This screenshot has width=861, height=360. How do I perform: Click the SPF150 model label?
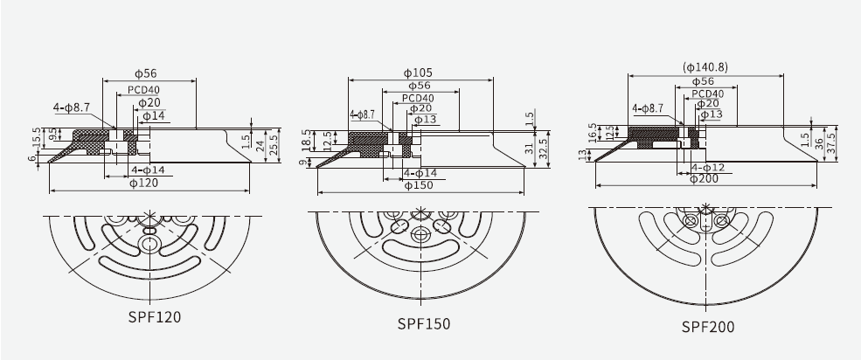click(x=424, y=323)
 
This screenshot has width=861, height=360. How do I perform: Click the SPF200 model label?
click(x=708, y=327)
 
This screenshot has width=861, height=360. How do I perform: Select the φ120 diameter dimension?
click(x=144, y=183)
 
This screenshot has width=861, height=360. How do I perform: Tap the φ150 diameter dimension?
click(x=420, y=185)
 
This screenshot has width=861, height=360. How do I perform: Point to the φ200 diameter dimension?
click(x=704, y=179)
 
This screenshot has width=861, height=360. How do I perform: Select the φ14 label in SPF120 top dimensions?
click(x=153, y=115)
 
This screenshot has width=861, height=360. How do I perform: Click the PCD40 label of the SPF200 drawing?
click(x=707, y=93)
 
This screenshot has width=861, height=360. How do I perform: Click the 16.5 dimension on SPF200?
click(x=592, y=132)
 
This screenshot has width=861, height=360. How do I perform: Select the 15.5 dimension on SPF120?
click(x=36, y=137)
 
